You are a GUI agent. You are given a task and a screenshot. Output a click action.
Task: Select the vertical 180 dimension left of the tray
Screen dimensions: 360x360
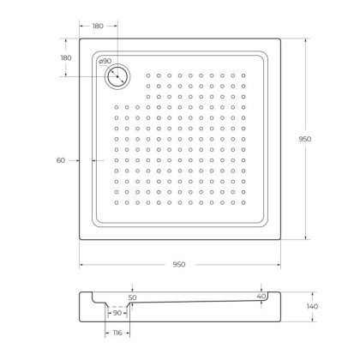click(x=66, y=57)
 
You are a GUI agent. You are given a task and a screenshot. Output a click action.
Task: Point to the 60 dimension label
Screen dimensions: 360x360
click(x=61, y=159)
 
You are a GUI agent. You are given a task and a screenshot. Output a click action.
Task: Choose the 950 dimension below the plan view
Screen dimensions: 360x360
click(x=178, y=263)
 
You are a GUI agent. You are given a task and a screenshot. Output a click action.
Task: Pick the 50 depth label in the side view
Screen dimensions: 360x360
click(x=133, y=297)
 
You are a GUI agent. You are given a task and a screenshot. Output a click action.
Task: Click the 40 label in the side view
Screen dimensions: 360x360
click(x=261, y=296)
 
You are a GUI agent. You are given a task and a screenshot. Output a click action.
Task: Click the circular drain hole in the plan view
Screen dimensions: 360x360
click(x=117, y=76)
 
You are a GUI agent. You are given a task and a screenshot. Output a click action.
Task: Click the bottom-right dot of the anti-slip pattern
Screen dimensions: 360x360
click(x=244, y=209)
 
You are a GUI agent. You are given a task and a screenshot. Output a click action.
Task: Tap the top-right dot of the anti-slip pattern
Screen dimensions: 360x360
click(x=244, y=76)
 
